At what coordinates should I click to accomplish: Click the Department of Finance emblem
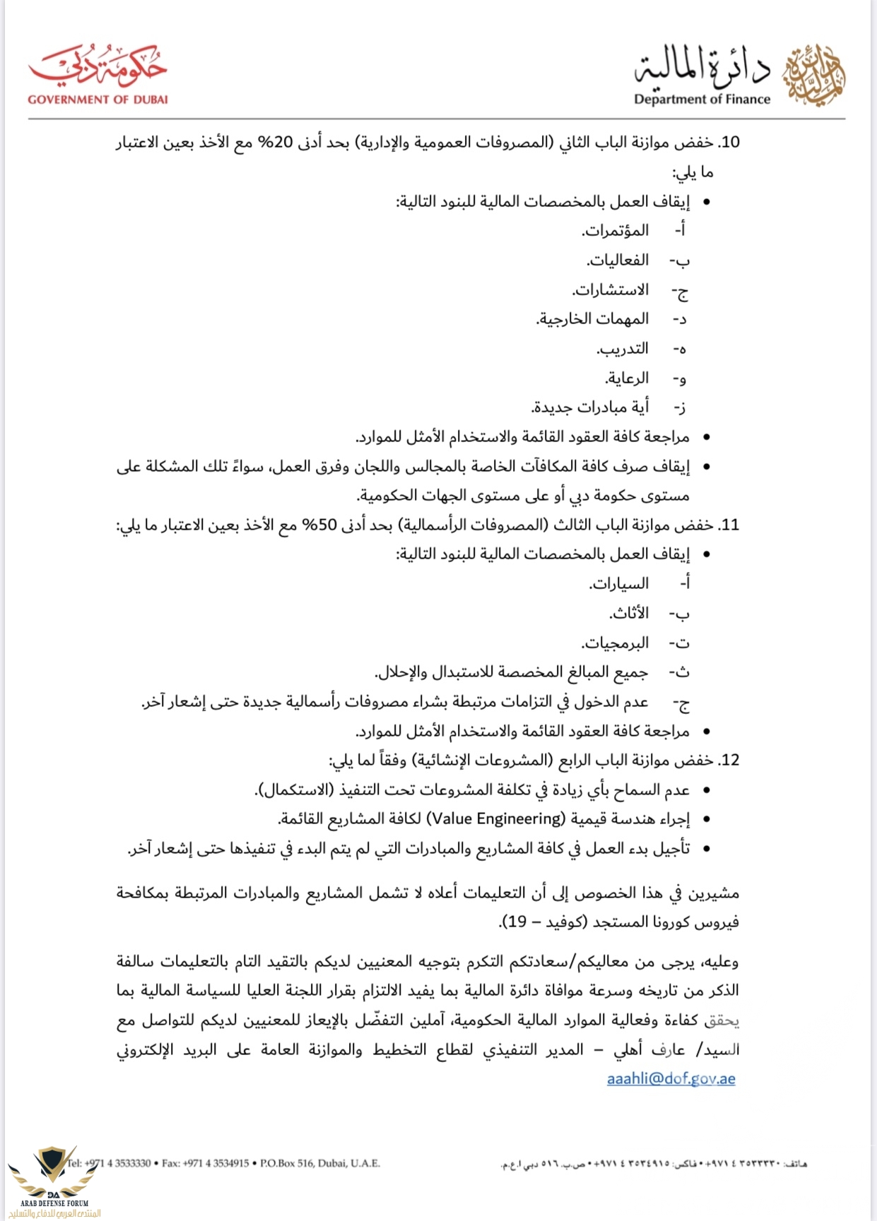point(814,74)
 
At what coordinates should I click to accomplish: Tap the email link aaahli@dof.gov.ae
point(671,1078)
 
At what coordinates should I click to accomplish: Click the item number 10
point(728,142)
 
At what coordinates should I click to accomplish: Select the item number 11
point(729,525)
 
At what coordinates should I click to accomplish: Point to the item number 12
point(728,760)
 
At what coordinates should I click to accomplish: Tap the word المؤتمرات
point(615,231)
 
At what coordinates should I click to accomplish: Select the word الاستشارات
point(611,290)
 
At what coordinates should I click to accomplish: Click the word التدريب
point(623,349)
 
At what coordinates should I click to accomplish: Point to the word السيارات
point(619,583)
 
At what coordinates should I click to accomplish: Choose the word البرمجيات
point(615,643)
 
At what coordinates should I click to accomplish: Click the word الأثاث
point(629,613)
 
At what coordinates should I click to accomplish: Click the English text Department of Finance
point(702,100)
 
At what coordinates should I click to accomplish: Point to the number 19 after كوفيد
point(517,922)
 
